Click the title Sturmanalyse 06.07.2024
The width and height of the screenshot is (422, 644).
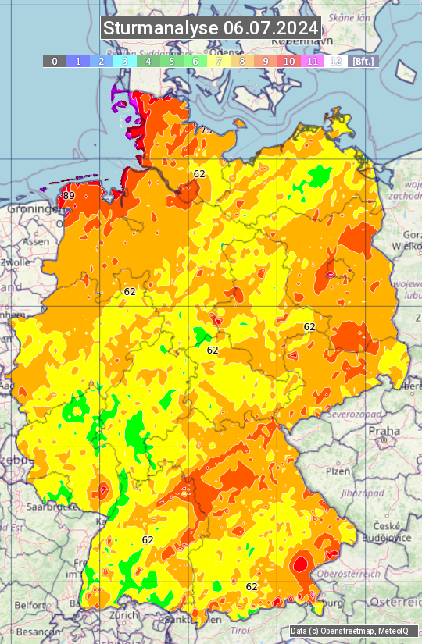[211, 28]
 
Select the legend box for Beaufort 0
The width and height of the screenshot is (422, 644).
[55, 61]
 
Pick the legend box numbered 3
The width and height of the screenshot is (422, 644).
[125, 61]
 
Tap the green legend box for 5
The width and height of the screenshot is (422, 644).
[172, 61]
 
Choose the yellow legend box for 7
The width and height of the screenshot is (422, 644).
[219, 61]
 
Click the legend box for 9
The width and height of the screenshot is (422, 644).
[266, 61]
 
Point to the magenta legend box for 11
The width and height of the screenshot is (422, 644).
[313, 61]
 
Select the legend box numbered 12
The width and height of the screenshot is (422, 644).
[336, 61]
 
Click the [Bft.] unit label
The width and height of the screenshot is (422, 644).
[363, 61]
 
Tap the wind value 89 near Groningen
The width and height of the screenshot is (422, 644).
[69, 195]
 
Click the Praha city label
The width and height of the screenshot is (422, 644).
[384, 431]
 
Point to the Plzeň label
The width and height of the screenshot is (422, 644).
[338, 471]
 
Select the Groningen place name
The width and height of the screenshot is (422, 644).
[34, 209]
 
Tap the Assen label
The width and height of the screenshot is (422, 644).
[36, 242]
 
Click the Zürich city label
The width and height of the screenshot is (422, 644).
[123, 615]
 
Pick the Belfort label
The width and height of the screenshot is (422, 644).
[30, 605]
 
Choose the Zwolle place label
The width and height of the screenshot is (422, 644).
[15, 263]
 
